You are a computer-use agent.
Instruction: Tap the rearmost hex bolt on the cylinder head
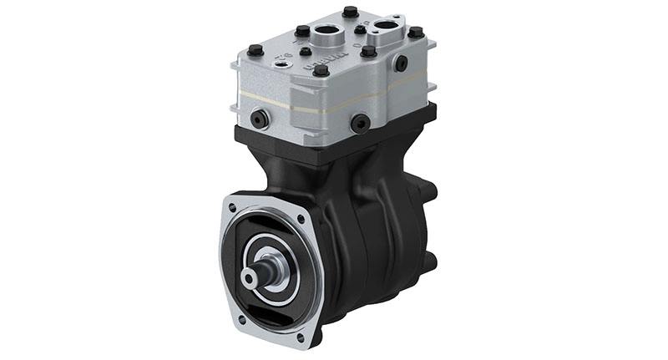pos(350,12)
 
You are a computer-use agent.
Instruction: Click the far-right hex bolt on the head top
pos(415,33)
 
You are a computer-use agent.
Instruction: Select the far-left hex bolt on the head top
pos(256,49)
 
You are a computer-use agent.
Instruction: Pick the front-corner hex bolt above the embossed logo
pos(321,70)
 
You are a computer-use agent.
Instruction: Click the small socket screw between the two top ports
pos(360,30)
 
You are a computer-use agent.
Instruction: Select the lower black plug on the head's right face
pos(362,124)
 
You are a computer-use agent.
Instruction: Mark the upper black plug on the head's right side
pos(402,63)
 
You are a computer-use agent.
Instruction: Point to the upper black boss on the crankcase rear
pos(428,192)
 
